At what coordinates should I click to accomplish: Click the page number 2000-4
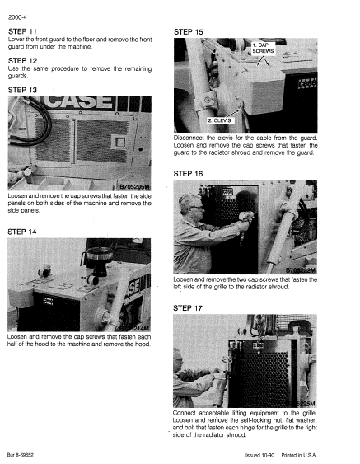tap(17, 10)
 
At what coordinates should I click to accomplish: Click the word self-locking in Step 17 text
tap(251, 420)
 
